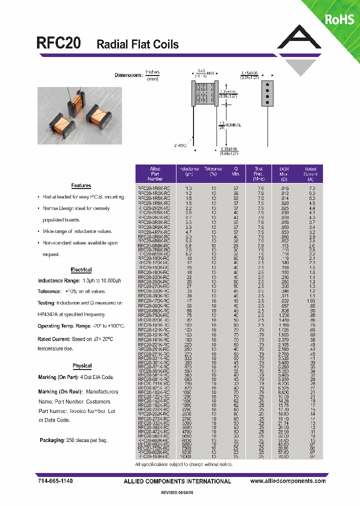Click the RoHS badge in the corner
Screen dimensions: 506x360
(339, 19)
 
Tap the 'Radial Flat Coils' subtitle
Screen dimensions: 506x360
(137, 44)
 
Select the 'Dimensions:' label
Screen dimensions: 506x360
(128, 75)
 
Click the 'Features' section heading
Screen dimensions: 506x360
(81, 185)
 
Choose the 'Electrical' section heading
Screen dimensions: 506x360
(81, 270)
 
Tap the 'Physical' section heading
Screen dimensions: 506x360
(82, 366)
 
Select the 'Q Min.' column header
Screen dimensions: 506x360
(236, 173)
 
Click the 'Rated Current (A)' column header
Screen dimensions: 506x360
(310, 173)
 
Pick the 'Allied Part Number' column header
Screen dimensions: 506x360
(155, 173)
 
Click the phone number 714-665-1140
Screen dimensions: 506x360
(55, 481)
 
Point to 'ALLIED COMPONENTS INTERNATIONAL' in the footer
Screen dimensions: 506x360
(177, 481)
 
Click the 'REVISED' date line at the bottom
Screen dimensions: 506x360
(180, 492)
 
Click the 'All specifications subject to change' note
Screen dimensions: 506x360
(183, 464)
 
